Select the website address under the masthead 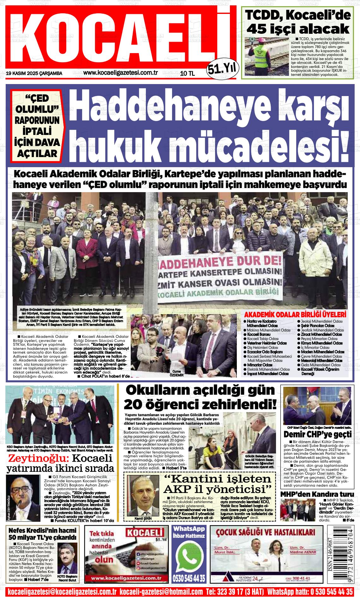(120, 73)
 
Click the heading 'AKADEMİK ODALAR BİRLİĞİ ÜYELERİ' (295, 315)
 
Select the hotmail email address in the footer (161, 592)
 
